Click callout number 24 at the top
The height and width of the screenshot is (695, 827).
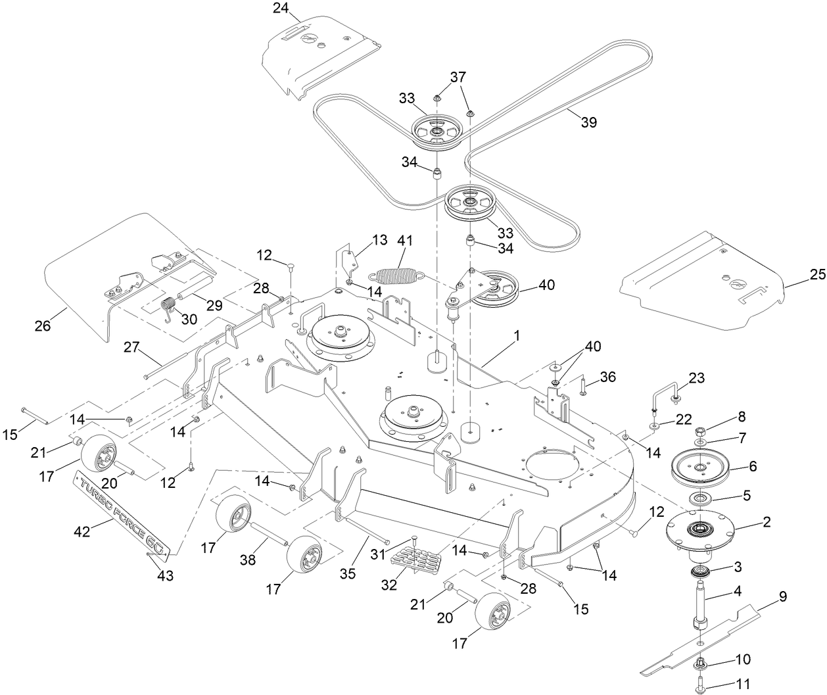(x=281, y=9)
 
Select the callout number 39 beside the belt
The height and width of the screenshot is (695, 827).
(x=589, y=122)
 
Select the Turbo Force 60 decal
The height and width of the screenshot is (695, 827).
(x=124, y=510)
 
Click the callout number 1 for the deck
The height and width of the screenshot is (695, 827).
(x=517, y=335)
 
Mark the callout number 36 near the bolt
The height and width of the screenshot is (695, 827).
(x=607, y=376)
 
